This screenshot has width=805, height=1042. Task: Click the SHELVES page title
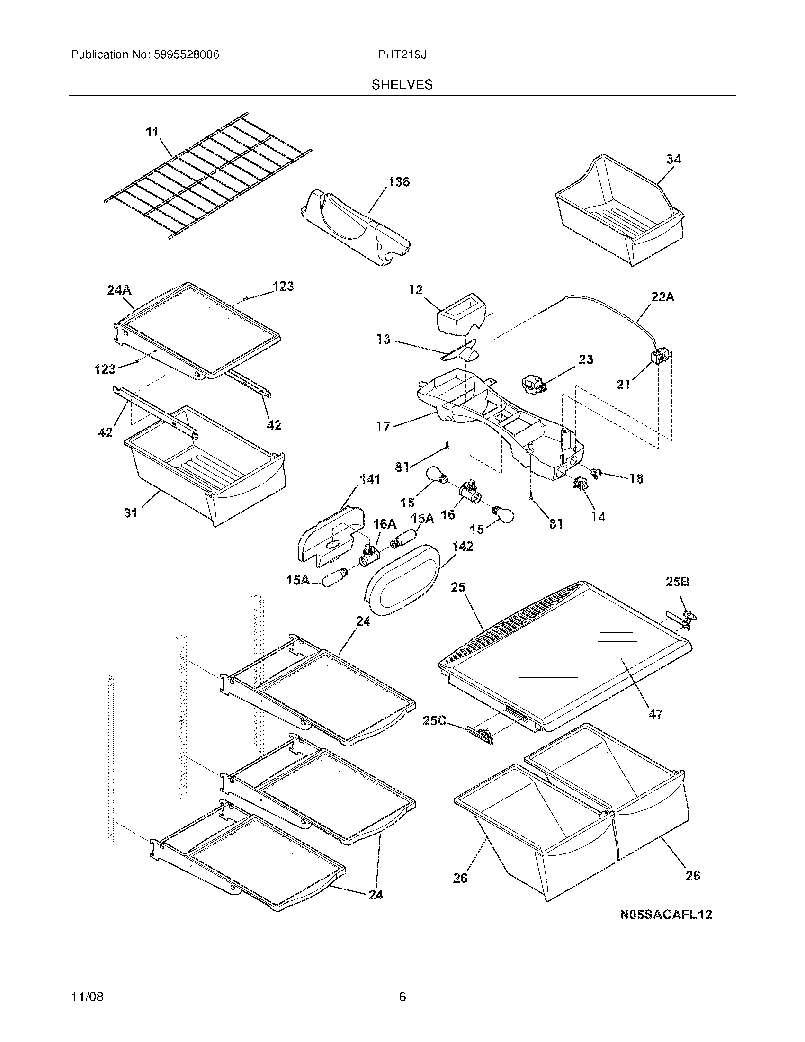[x=402, y=84]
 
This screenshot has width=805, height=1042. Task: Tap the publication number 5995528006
[x=186, y=55]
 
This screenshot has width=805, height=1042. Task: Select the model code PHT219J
[x=402, y=55]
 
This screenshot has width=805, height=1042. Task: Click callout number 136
[x=398, y=182]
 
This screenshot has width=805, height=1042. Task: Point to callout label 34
[x=673, y=159]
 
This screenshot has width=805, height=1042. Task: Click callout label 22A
[x=662, y=297]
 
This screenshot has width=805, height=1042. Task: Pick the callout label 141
[x=370, y=479]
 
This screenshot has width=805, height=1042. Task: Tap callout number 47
[x=655, y=727]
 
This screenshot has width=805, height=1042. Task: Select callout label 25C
[x=434, y=720]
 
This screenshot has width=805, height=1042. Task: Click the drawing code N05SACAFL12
[x=665, y=915]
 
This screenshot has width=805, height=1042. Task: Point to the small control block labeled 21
[x=660, y=357]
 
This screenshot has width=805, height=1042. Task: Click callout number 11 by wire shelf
[x=152, y=132]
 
